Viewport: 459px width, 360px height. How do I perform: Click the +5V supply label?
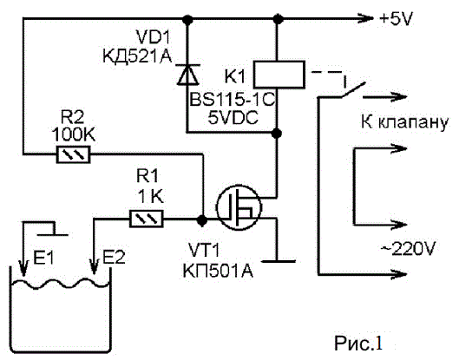[x=396, y=19]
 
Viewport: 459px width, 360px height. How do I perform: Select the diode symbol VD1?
[x=187, y=75]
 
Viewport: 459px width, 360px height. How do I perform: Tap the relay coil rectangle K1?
[x=279, y=75]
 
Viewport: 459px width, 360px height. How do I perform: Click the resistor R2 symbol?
[x=73, y=154]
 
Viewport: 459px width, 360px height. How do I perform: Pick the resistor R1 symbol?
[x=147, y=219]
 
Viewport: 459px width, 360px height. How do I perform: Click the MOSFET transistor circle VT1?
[x=239, y=207]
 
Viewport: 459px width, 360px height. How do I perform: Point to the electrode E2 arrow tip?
[x=94, y=274]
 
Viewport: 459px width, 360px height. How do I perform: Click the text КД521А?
[x=137, y=56]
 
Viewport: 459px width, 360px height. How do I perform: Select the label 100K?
[x=73, y=134]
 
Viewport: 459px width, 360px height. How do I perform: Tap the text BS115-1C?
[x=233, y=100]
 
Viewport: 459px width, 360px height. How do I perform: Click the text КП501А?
[x=218, y=271]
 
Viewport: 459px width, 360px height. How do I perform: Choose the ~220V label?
[x=409, y=249]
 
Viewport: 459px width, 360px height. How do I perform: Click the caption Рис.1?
[x=358, y=343]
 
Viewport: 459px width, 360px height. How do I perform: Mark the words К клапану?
[x=404, y=122]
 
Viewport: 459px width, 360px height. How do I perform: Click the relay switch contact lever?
[x=354, y=89]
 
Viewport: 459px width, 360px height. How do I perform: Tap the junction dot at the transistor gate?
[x=201, y=219]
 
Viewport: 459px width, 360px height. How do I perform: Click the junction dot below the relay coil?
[x=276, y=134]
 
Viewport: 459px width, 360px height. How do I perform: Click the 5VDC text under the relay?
[x=233, y=118]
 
